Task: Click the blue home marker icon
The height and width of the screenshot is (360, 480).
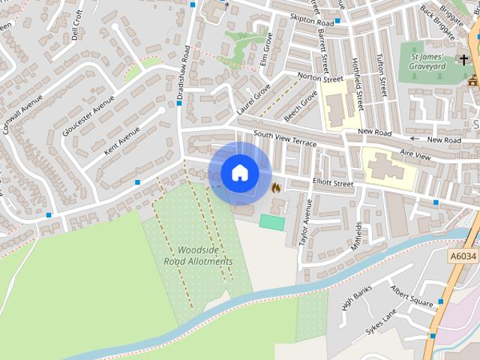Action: [240, 173]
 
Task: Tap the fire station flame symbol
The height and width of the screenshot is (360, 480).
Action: [275, 187]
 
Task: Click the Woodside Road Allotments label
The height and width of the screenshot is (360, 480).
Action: [199, 256]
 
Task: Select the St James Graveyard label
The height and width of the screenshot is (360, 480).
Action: [427, 61]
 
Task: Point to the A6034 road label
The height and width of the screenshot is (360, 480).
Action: [463, 256]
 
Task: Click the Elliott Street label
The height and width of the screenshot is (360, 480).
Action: [332, 183]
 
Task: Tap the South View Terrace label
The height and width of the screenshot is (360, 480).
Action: [285, 138]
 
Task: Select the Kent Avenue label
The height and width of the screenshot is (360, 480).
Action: [122, 139]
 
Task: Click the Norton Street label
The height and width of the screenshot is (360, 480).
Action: [319, 77]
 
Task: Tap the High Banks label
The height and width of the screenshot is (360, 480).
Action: [357, 298]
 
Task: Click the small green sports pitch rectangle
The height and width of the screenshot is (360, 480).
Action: [272, 222]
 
